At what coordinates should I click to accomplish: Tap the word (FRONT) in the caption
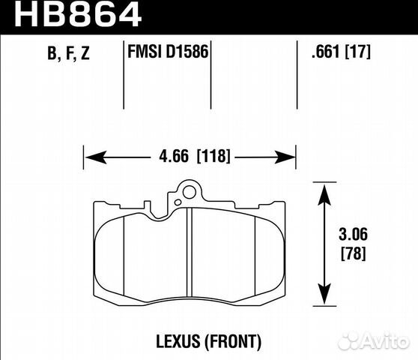point(235,342)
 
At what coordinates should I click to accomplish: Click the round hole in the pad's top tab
point(189,193)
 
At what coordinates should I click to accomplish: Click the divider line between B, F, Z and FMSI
point(123,75)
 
